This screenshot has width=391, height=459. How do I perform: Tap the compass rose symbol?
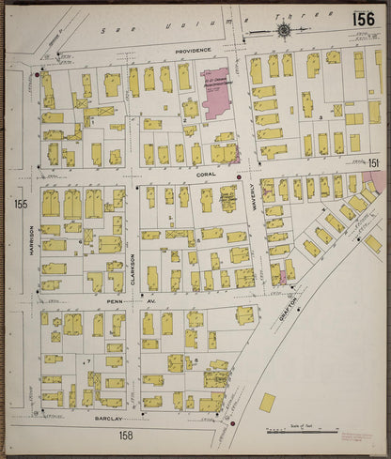[x=284, y=31]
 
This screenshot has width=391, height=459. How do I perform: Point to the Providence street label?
[x=192, y=51]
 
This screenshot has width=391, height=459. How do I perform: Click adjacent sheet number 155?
[x=21, y=203]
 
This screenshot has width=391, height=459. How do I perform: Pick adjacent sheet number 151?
[x=373, y=163]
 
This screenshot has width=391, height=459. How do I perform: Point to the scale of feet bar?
[x=302, y=433]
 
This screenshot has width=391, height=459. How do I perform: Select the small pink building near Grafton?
[x=276, y=275]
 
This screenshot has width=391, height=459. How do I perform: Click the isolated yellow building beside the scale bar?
[x=268, y=402]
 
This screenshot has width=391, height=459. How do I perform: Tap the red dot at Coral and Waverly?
[x=240, y=176]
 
